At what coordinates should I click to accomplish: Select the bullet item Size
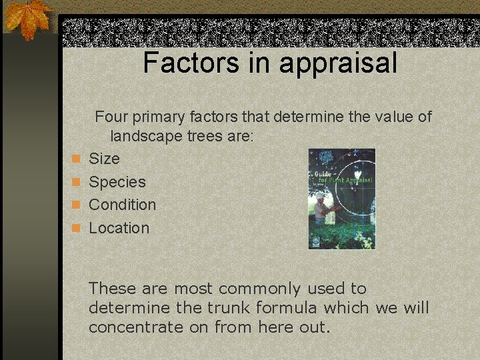pyautogui.click(x=104, y=159)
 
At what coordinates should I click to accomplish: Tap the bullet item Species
pyautogui.click(x=117, y=182)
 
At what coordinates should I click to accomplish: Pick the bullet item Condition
pyautogui.click(x=122, y=205)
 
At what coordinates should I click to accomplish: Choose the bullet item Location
pyautogui.click(x=119, y=228)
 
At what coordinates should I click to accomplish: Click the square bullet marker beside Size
pyautogui.click(x=77, y=159)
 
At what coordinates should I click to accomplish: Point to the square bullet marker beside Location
pyautogui.click(x=77, y=228)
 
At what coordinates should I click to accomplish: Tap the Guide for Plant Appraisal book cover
pyautogui.click(x=341, y=198)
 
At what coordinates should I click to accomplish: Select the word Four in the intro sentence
pyautogui.click(x=111, y=117)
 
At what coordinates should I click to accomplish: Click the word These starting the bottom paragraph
pyautogui.click(x=111, y=289)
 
